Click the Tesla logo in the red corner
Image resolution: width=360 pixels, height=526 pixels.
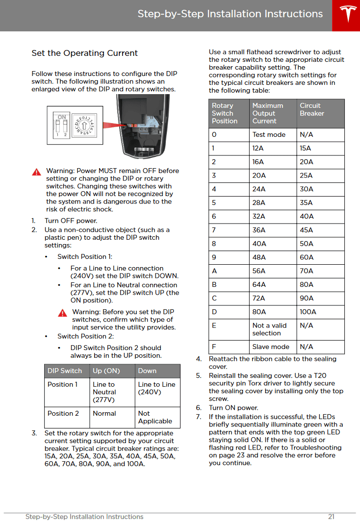[x=346, y=15]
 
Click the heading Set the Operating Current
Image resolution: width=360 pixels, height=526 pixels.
[x=85, y=53]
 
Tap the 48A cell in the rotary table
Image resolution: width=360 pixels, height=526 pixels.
[x=258, y=257]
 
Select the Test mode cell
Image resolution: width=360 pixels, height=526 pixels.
[x=269, y=134]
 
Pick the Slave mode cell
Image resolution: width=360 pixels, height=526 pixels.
[x=271, y=347]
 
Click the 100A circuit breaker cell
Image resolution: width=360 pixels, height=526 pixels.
[x=308, y=312]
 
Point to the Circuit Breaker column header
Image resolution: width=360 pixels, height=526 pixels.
[x=312, y=109]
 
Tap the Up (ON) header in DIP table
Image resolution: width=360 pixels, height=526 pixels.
[x=106, y=371]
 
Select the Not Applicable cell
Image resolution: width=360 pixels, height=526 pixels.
[x=155, y=417]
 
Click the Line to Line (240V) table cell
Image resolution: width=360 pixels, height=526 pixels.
[x=156, y=388]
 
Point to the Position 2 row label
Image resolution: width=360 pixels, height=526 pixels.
[x=63, y=413]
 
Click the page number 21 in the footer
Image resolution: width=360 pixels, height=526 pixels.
[x=332, y=517]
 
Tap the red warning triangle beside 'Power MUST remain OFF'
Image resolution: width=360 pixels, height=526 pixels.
[x=37, y=172]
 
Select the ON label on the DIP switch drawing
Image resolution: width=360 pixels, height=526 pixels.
[x=62, y=117]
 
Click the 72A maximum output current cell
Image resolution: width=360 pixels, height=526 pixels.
[x=259, y=298]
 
